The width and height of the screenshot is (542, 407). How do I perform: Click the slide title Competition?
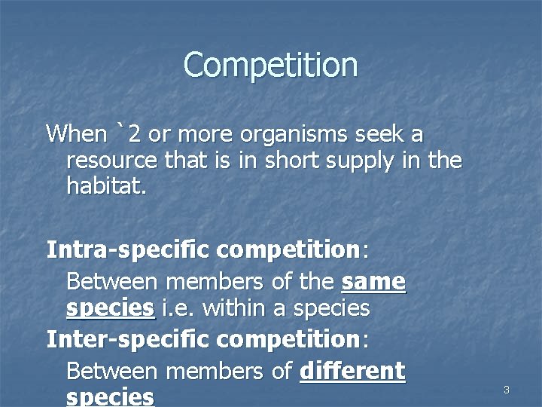(270, 65)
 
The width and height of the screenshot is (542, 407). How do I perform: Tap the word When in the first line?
(77, 135)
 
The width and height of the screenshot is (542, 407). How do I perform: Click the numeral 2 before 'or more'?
(134, 135)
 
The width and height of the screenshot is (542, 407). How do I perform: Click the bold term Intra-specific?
(128, 249)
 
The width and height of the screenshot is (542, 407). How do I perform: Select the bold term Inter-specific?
(128, 339)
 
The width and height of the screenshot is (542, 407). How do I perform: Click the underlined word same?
(373, 283)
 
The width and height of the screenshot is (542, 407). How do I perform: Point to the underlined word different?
(352, 371)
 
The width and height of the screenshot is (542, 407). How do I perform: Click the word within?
(236, 308)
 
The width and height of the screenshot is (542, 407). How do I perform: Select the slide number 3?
(507, 390)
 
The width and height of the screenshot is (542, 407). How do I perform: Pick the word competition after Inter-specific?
(289, 340)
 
